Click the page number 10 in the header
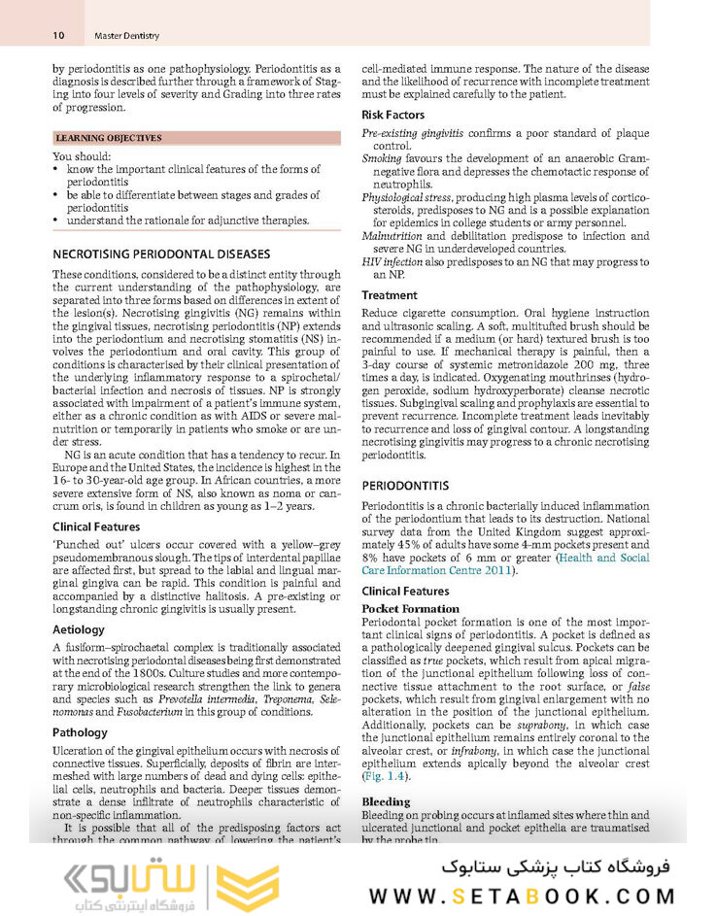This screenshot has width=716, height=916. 58,36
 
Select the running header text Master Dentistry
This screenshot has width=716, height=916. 126,36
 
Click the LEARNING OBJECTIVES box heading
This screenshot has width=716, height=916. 108,139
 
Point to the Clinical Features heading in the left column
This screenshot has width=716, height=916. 96,526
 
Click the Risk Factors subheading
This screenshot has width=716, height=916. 392,115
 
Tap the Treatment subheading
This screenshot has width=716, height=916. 390,295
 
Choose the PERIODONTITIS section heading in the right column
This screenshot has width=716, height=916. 405,485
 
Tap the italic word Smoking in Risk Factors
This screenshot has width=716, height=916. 382,158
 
